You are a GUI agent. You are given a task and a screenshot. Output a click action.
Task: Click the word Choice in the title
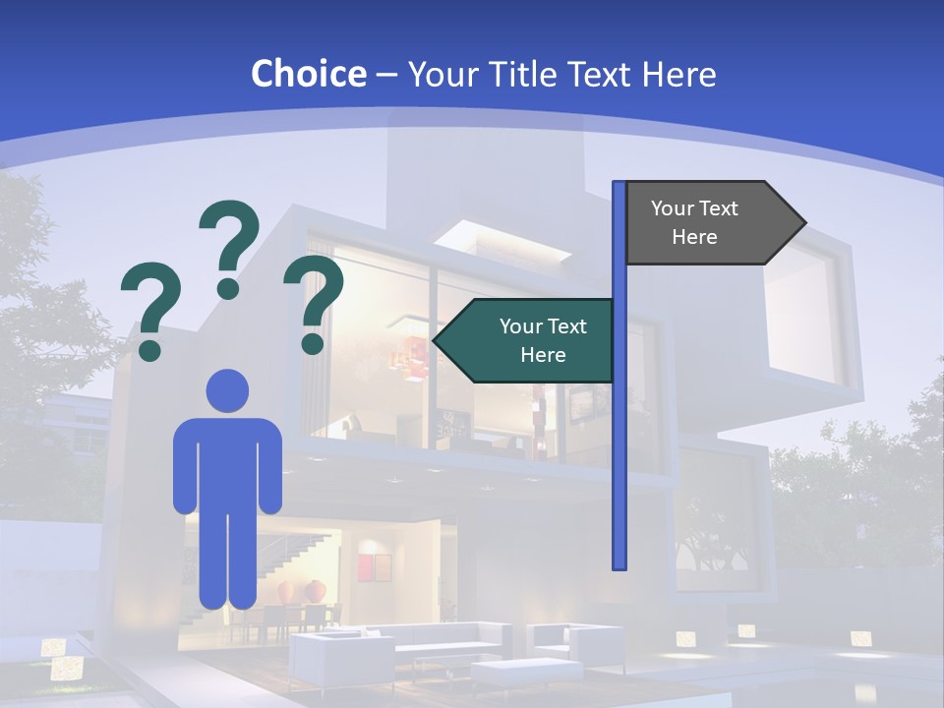[x=308, y=74]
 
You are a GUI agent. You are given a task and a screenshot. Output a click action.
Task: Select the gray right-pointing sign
[x=708, y=223]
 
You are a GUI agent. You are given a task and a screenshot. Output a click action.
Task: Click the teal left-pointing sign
[x=531, y=340]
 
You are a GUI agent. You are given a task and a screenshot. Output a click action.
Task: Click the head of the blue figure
[x=227, y=390]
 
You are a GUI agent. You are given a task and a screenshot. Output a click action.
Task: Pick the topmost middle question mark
[x=229, y=249]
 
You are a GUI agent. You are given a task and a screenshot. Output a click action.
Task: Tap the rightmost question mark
[x=314, y=304]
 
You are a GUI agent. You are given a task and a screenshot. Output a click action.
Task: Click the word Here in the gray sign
[x=694, y=237]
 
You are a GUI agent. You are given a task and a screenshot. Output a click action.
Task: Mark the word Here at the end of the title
[x=678, y=74]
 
